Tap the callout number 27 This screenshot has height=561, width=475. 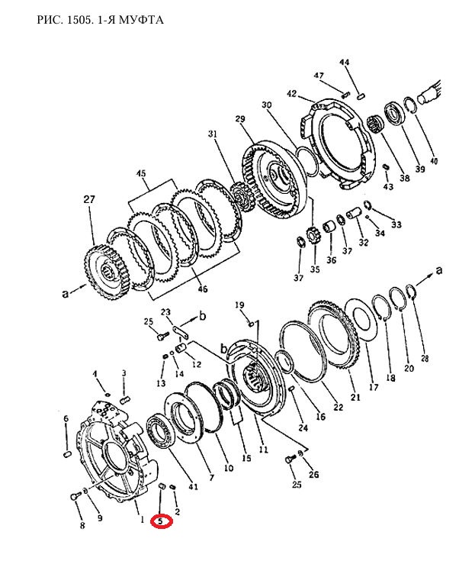click(89, 199)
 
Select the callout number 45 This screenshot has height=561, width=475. click(141, 173)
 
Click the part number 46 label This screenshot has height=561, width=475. click(202, 289)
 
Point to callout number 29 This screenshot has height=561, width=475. click(240, 118)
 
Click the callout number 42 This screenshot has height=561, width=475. click(292, 94)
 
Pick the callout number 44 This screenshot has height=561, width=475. click(344, 63)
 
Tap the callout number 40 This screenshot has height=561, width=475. click(434, 161)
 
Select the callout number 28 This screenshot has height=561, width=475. click(425, 358)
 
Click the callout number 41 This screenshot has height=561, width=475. click(193, 487)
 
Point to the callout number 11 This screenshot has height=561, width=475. click(263, 450)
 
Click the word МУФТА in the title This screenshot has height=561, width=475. click(141, 19)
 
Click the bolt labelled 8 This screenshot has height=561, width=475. click(75, 497)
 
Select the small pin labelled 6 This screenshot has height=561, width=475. click(67, 454)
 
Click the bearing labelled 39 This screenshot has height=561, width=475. click(395, 114)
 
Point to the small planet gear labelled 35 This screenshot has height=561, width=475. click(313, 236)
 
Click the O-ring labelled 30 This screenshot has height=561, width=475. click(307, 162)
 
